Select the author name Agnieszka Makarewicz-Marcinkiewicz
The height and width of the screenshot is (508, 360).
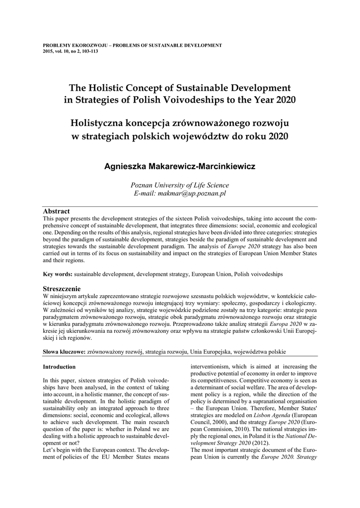coord(180,167)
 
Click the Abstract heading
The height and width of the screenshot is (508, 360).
coord(56,211)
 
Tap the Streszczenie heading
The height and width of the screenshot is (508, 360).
coord(62,289)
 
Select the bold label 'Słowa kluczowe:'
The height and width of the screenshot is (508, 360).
coord(65,351)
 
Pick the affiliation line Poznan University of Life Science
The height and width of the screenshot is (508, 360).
coord(180,185)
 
